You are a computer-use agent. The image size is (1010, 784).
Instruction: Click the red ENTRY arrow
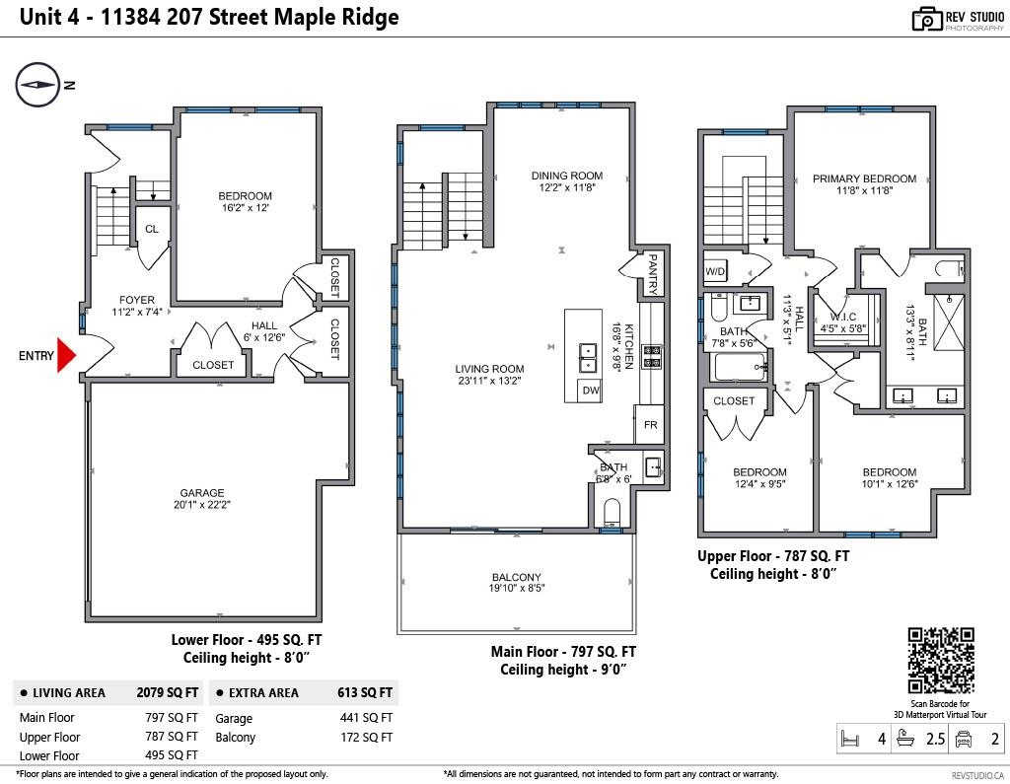(66, 355)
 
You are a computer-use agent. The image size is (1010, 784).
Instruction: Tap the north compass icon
(37, 85)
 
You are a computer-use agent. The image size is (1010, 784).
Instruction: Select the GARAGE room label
(201, 493)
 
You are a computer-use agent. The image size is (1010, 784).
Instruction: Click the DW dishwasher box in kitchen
(591, 392)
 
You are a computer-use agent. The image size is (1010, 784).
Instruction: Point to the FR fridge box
(650, 425)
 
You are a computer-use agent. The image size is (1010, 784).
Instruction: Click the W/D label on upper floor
(715, 271)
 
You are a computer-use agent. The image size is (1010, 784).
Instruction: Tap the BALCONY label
(517, 578)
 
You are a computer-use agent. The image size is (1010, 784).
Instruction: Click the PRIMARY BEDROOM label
(864, 178)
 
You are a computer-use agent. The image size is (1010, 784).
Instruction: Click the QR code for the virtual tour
(940, 660)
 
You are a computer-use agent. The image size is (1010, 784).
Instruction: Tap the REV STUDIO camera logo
(926, 19)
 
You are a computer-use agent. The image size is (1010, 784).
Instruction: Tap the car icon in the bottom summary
(965, 739)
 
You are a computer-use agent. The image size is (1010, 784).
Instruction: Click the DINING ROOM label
(566, 176)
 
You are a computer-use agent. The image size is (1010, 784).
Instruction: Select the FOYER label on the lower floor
(137, 301)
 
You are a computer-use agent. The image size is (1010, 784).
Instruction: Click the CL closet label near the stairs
(151, 229)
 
